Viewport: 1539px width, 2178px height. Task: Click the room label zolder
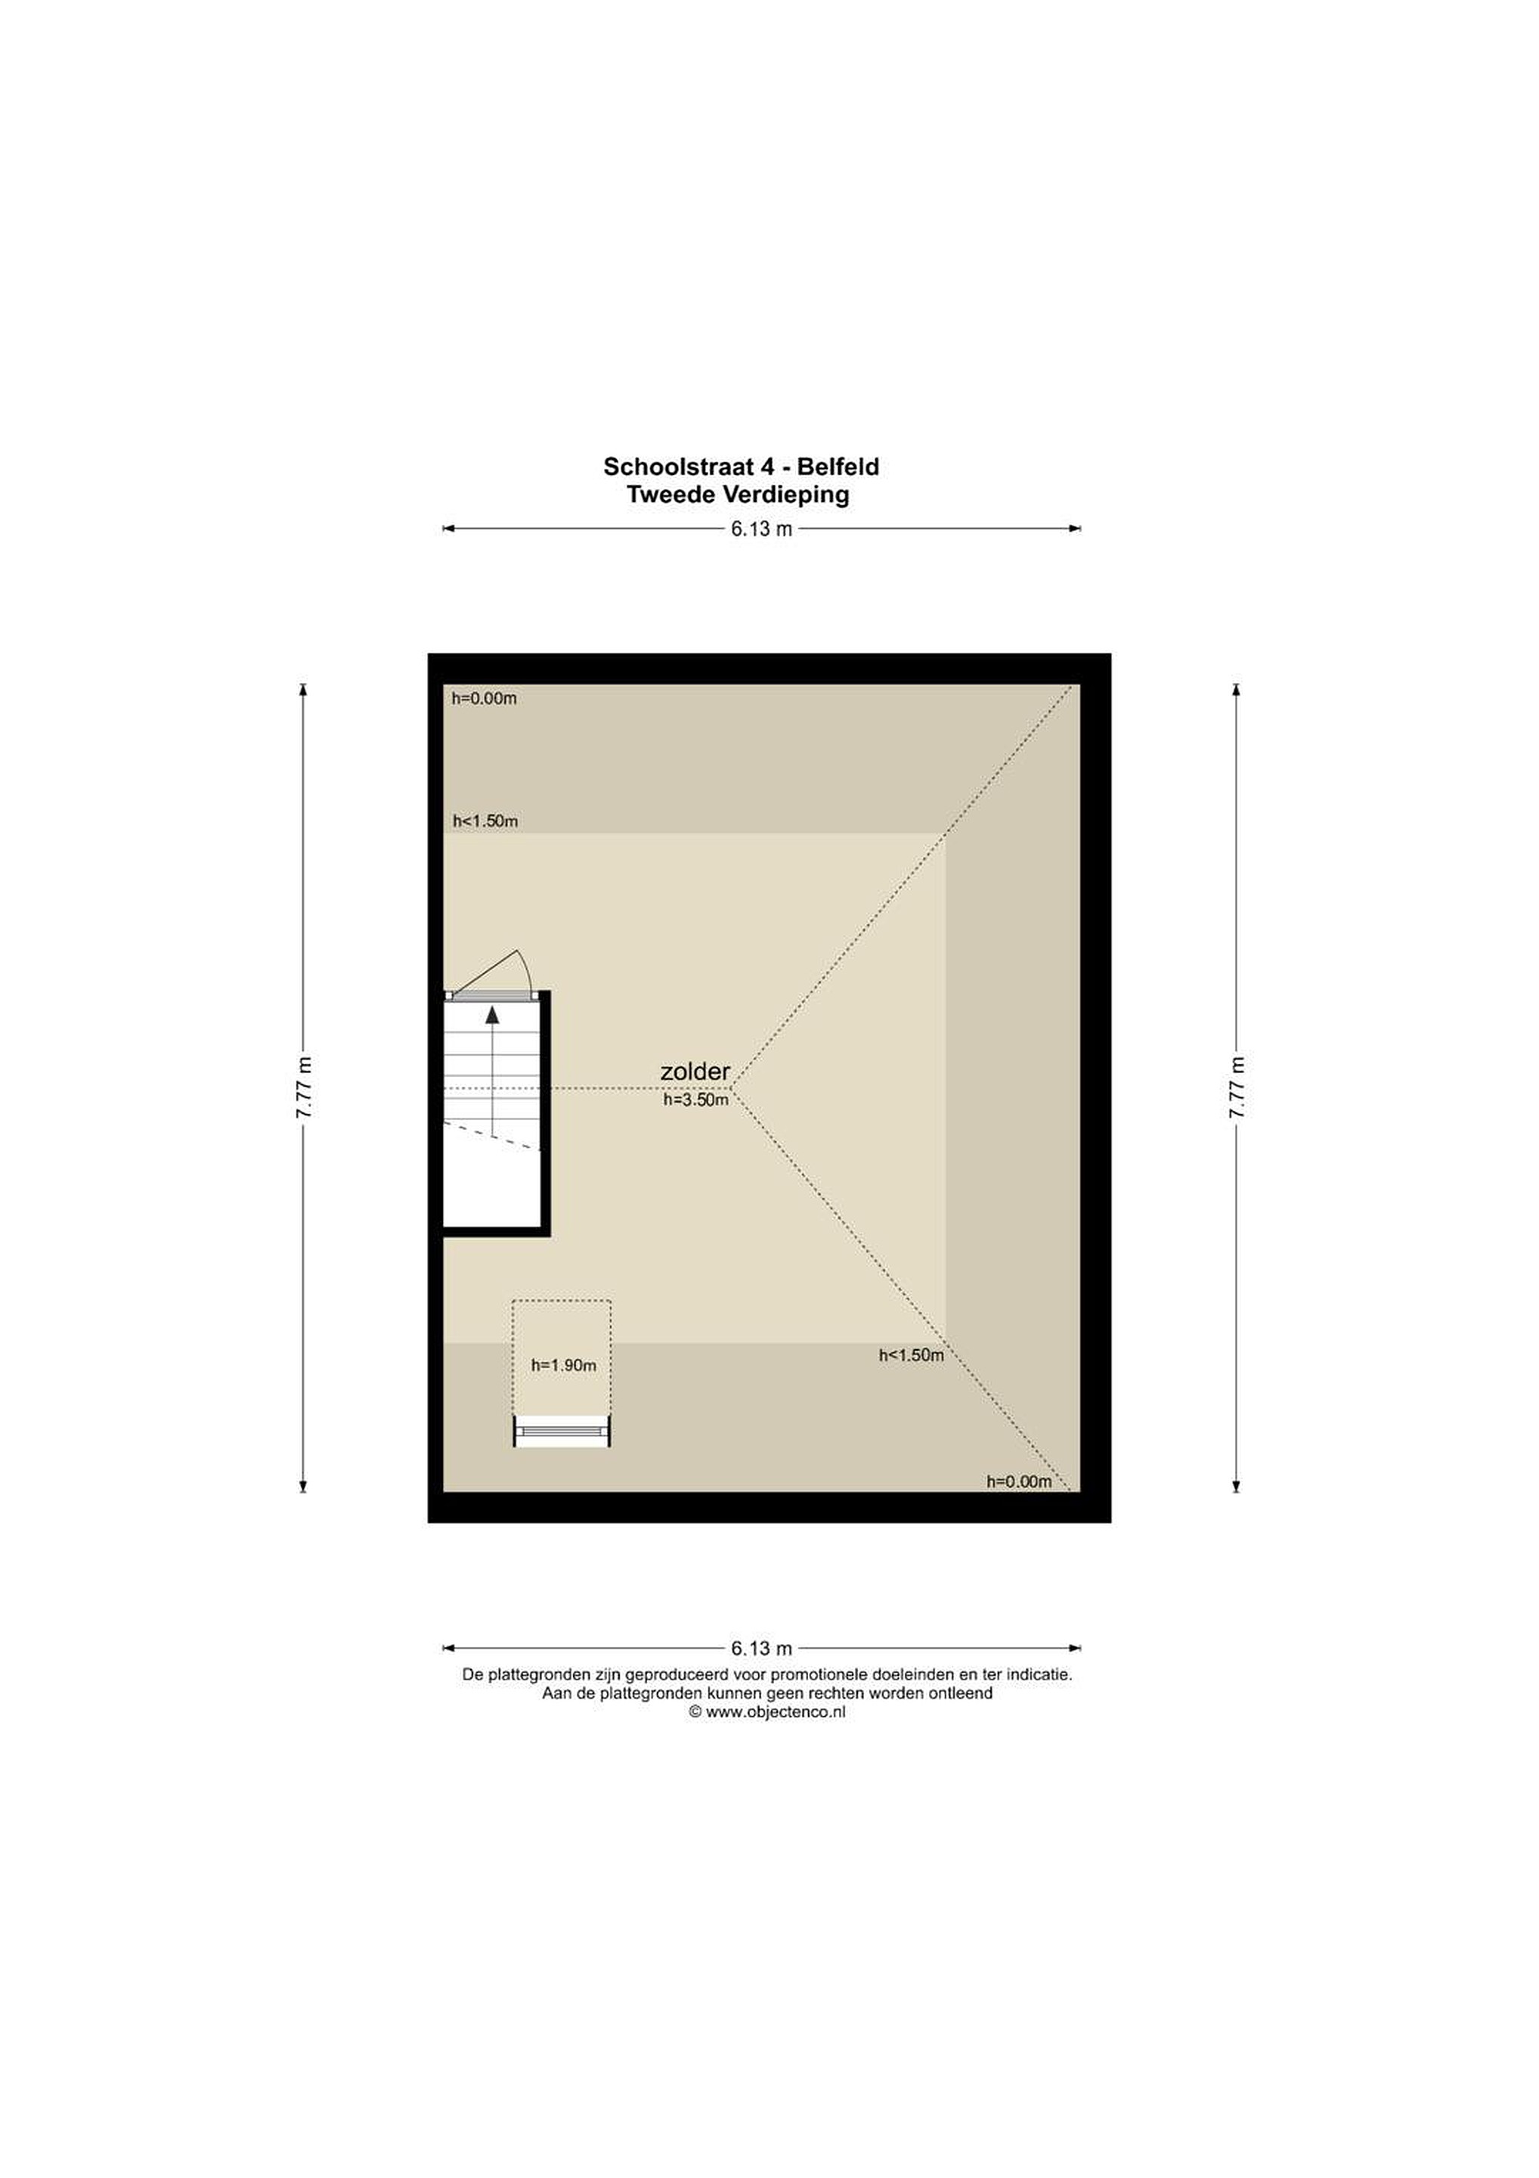point(695,1072)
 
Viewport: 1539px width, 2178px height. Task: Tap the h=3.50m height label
point(696,1100)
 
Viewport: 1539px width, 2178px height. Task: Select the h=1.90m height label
point(563,1366)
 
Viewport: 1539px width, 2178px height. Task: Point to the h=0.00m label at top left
point(484,699)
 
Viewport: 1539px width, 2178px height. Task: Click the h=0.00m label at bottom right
point(1020,1481)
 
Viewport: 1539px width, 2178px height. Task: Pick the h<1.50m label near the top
point(485,821)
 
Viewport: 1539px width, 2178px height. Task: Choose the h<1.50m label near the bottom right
point(912,1355)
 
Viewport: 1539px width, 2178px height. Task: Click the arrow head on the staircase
point(492,1015)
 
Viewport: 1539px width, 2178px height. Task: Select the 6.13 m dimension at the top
point(761,529)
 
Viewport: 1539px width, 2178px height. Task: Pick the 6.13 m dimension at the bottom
point(761,1649)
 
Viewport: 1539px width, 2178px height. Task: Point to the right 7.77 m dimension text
point(1237,1088)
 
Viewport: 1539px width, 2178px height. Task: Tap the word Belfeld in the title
point(838,467)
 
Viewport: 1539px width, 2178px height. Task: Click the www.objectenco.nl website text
point(776,1712)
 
